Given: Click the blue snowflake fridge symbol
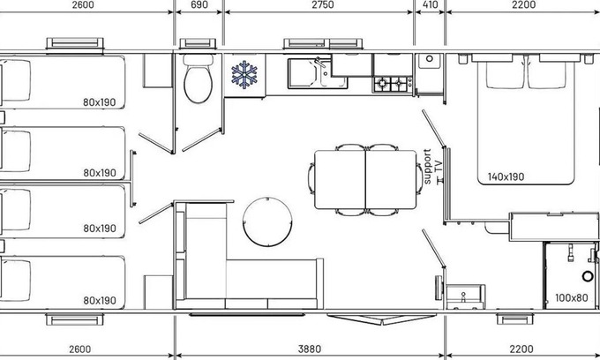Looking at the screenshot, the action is coord(244,75).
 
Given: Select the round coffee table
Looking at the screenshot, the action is coord(267,221).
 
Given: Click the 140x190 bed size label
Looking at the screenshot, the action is coord(506,176).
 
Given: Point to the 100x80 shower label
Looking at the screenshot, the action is coord(571,297).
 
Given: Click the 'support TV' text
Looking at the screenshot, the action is coord(432,167).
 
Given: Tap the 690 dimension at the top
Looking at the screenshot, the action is coord(199,4).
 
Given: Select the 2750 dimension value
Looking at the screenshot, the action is coord(323,4).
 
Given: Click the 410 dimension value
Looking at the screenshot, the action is coord(430,4).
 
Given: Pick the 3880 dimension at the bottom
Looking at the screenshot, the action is coord(309,349).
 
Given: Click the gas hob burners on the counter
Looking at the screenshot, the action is coord(393,84).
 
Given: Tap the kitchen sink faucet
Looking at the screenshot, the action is coord(319,63).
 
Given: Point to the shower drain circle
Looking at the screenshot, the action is coord(588,276).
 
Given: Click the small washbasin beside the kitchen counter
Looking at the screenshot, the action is coord(430,61).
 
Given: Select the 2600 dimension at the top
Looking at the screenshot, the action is coord(83,4).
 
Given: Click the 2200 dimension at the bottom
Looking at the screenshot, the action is coord(521,349).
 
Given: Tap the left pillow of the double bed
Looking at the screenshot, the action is coord(505,75).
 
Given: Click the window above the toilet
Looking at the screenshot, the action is coord(198,43).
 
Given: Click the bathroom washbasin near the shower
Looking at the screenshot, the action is coord(466,296).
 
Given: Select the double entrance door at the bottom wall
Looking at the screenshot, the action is coord(382,319).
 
